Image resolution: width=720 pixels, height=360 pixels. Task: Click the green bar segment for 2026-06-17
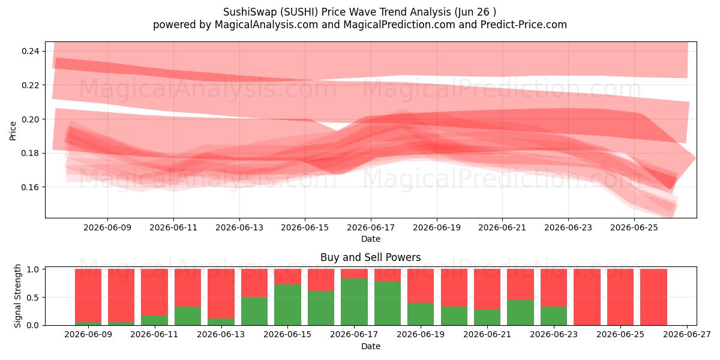354,302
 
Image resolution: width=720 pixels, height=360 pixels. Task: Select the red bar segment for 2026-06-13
221,294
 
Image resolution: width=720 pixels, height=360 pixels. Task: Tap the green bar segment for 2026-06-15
287,305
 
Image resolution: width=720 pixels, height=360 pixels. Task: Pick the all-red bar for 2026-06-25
620,297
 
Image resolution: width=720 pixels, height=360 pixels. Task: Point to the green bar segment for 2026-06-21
487,317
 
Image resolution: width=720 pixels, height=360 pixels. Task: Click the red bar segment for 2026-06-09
88,295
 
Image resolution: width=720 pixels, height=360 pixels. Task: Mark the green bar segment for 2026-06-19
421,314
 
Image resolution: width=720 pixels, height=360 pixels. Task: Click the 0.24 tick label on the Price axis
31,51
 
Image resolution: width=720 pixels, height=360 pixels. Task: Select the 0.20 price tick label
31,119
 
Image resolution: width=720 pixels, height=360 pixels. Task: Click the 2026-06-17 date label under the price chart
371,227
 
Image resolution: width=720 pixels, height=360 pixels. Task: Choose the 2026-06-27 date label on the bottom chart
687,335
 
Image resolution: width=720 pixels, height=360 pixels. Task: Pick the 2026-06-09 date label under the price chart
107,227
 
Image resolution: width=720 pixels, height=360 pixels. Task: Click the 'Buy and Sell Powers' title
371,257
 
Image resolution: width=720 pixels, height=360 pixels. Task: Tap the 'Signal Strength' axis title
17,296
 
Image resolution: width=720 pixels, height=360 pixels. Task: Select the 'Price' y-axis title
13,131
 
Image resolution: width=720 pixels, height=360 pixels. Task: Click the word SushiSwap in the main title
250,12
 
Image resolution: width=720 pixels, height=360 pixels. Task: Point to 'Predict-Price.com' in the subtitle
524,25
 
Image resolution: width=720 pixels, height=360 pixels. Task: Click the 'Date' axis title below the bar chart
371,346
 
